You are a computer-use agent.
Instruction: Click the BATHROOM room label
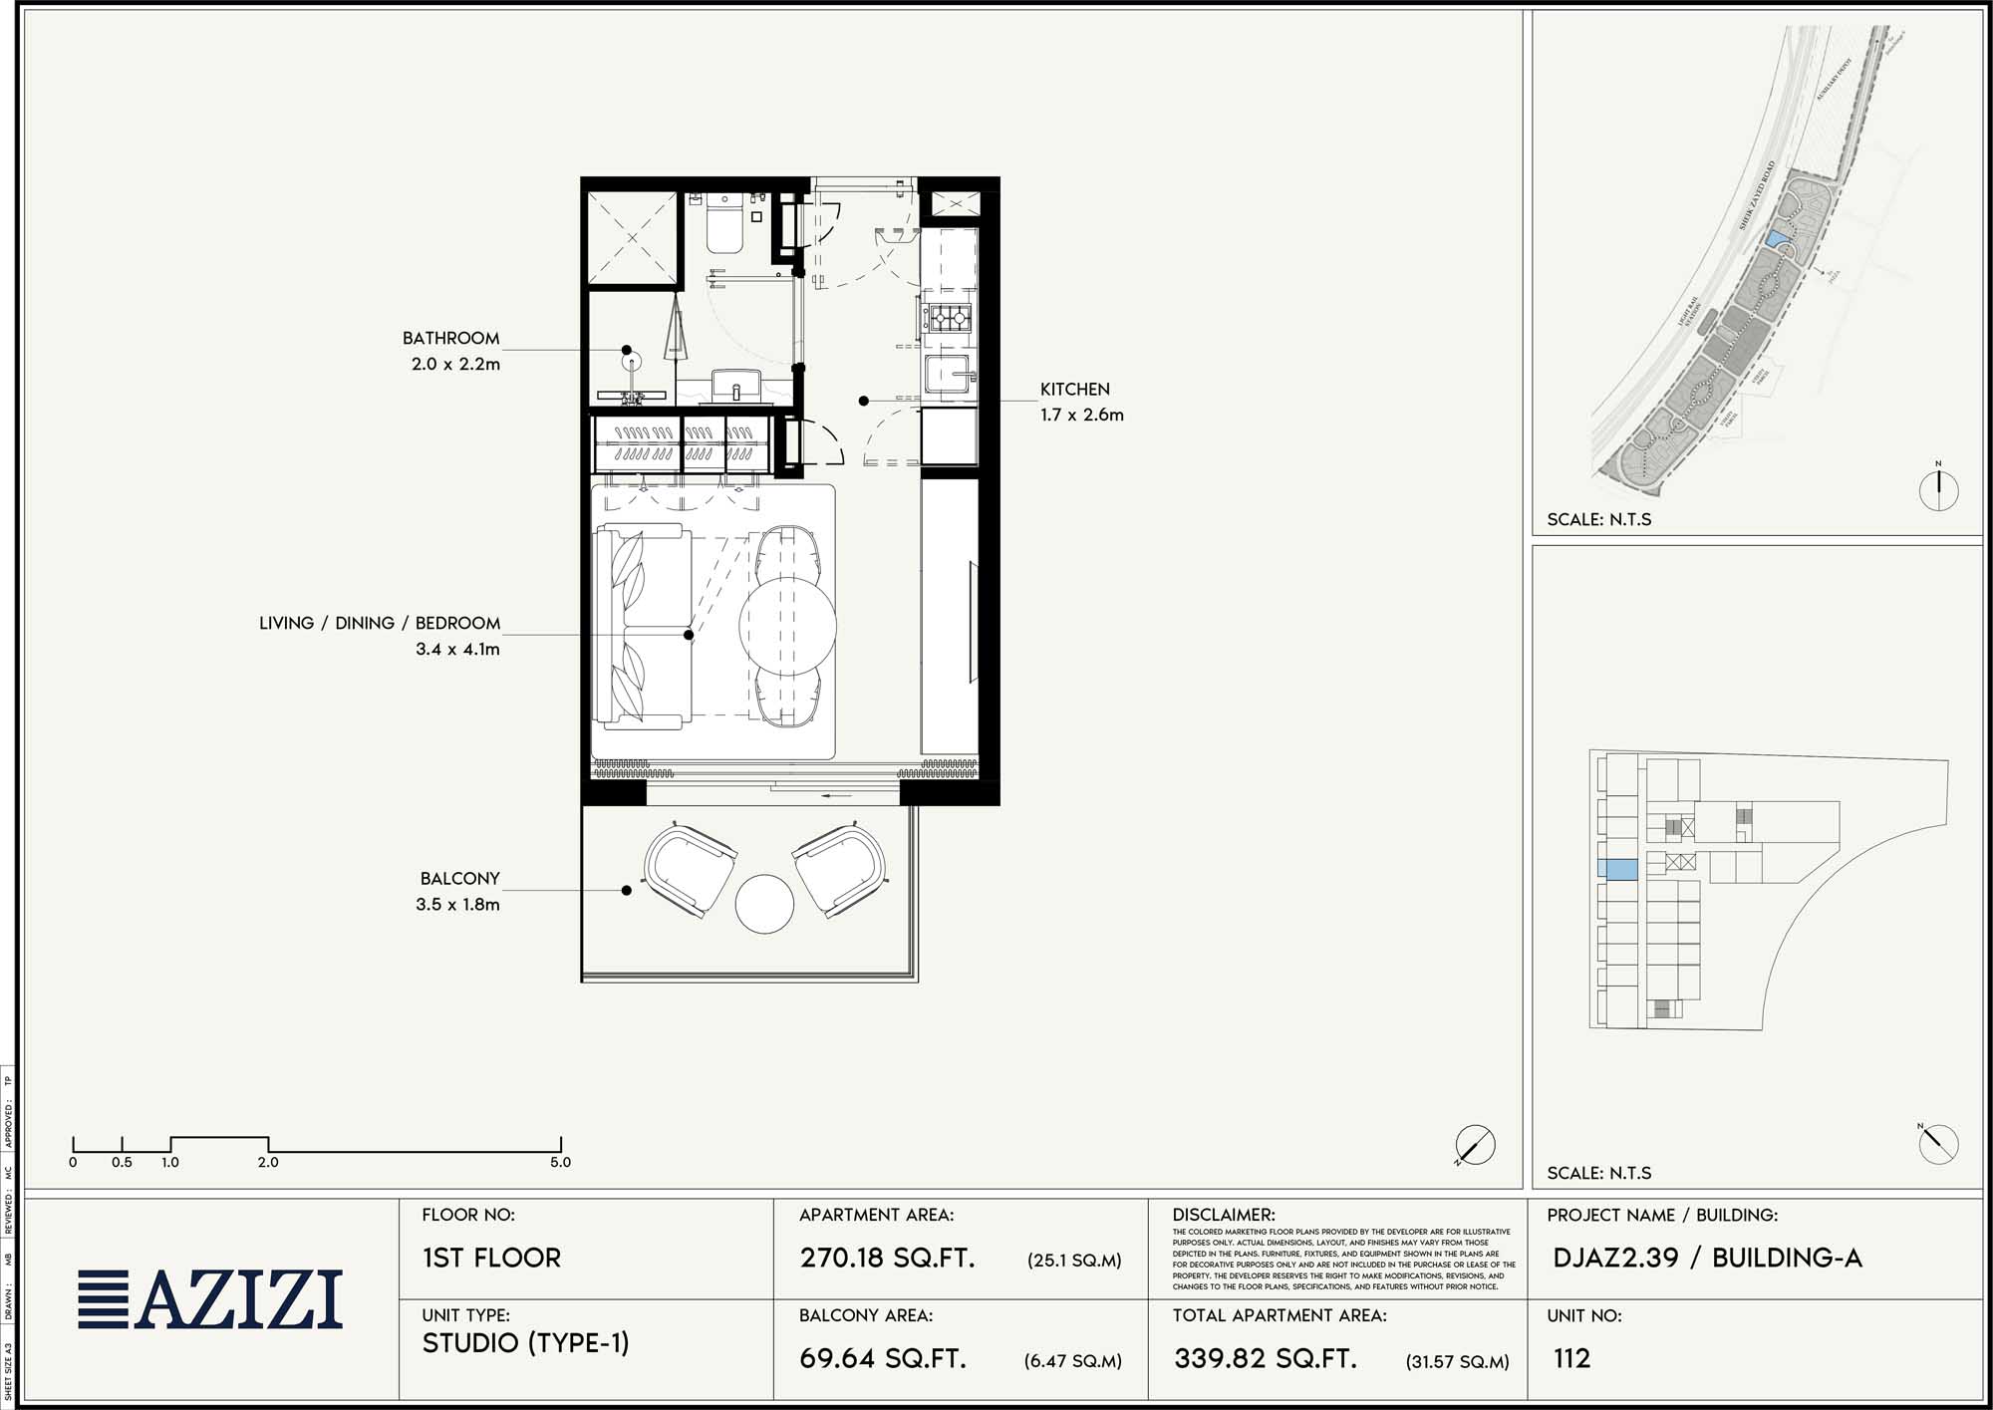pos(450,339)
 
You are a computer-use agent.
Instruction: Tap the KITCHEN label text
pos(1074,390)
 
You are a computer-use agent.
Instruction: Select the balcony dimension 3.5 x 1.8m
pos(457,905)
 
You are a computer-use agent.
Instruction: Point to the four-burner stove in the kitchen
pos(948,319)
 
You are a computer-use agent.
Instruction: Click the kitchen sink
pos(948,375)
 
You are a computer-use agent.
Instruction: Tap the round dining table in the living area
pos(787,626)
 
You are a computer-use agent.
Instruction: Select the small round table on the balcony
pos(764,904)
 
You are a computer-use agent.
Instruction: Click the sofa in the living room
pos(643,626)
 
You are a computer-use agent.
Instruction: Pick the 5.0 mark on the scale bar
pos(560,1162)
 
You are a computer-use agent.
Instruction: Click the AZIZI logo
pos(211,1299)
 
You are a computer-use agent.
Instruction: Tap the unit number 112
pos(1571,1358)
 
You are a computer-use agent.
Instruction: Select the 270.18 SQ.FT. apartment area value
pos(887,1258)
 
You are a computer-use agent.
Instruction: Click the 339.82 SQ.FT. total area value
pos(1265,1358)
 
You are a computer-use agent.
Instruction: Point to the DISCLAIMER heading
pos(1224,1215)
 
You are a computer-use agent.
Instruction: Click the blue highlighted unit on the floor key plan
pos(1617,869)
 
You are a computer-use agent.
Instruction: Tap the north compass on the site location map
pos(1938,489)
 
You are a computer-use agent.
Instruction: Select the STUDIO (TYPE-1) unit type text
pos(525,1343)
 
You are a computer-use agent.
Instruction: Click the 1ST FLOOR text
pos(491,1258)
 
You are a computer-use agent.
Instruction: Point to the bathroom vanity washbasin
pos(736,384)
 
